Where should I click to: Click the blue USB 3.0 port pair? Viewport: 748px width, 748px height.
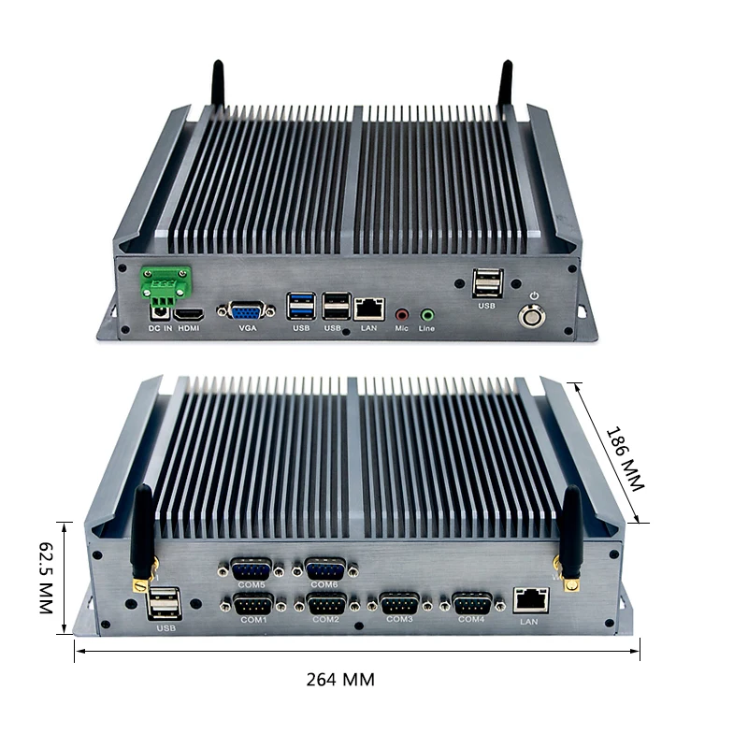point(301,307)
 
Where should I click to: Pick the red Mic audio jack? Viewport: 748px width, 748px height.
point(402,315)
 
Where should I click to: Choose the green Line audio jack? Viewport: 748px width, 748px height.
point(427,315)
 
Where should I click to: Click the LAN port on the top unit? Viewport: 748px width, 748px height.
point(369,308)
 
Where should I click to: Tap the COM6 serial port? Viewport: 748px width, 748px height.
point(324,569)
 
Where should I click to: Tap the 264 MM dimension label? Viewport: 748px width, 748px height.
point(340,680)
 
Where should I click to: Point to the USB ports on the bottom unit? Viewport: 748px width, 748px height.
point(164,602)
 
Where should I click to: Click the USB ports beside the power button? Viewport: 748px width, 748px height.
point(487,282)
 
